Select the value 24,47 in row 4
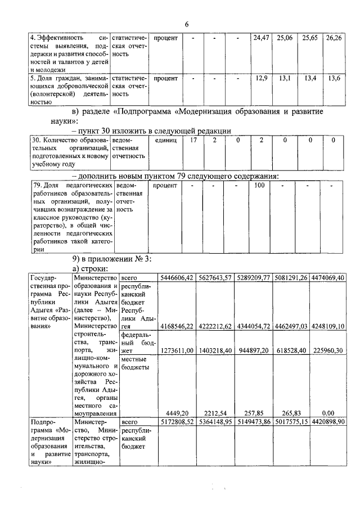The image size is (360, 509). (x=261, y=38)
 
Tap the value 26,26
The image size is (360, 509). (x=334, y=38)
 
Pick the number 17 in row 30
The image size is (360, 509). (x=193, y=139)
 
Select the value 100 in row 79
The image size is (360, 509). (x=259, y=185)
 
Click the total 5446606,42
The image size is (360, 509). (x=177, y=277)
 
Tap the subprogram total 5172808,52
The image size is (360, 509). (x=177, y=421)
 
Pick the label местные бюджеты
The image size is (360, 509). (x=135, y=363)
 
